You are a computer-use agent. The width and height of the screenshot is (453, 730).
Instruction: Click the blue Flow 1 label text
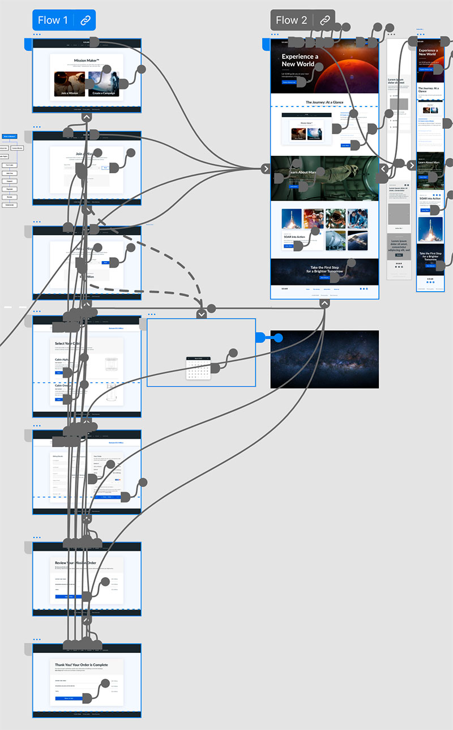tap(53, 20)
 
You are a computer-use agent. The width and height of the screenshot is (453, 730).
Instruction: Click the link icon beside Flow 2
tap(325, 20)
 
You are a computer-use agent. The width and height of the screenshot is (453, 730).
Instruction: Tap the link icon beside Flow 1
tap(86, 20)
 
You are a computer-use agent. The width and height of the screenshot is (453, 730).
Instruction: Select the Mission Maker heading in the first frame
tap(87, 61)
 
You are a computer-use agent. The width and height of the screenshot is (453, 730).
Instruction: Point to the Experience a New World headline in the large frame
tap(300, 60)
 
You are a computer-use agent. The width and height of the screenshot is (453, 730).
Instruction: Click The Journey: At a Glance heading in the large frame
tap(324, 103)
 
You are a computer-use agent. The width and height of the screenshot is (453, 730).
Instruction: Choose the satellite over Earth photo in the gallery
tap(357, 240)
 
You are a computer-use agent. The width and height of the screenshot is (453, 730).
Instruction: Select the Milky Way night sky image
tap(324, 359)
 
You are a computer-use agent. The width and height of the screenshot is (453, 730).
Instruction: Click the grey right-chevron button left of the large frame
tap(266, 168)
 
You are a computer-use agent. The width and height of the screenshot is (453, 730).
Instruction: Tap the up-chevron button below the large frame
tap(324, 304)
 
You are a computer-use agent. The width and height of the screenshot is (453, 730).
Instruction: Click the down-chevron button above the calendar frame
tap(202, 314)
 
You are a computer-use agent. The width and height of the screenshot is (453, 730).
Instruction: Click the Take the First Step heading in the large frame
tap(324, 269)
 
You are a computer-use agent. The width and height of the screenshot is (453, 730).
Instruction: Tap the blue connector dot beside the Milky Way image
tap(278, 338)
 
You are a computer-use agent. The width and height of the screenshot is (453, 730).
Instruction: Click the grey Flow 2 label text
tap(291, 20)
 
